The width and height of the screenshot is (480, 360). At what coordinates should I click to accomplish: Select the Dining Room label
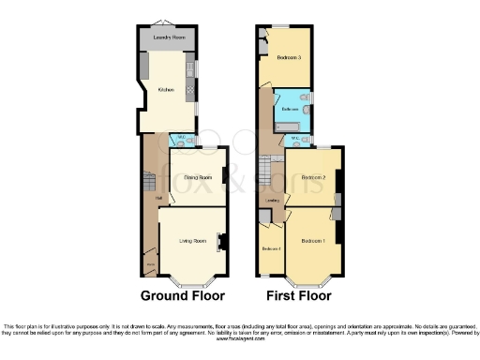pyautogui.click(x=196, y=177)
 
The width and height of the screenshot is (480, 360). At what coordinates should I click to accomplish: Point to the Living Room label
pyautogui.click(x=193, y=241)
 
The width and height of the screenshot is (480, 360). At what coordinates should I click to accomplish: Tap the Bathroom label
pyautogui.click(x=291, y=110)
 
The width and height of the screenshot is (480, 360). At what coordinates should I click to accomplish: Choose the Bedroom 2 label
pyautogui.click(x=313, y=177)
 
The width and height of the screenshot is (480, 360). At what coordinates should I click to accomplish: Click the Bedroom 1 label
pyautogui.click(x=313, y=242)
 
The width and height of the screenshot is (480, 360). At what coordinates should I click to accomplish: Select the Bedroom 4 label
pyautogui.click(x=270, y=247)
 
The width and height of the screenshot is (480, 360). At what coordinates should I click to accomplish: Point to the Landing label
pyautogui.click(x=271, y=200)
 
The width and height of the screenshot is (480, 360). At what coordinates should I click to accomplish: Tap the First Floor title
pyautogui.click(x=298, y=295)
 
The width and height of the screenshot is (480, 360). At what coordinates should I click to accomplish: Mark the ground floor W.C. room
pyautogui.click(x=181, y=141)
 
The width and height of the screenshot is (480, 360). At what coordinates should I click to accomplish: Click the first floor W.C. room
pyautogui.click(x=297, y=141)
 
